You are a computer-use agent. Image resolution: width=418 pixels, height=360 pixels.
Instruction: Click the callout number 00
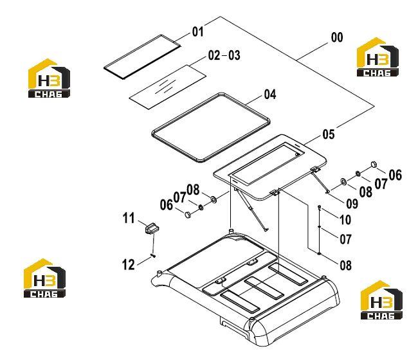[x=337, y=37]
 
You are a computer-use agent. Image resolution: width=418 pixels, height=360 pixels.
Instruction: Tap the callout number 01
[x=197, y=32]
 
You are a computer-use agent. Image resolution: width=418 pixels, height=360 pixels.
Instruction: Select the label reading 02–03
[x=224, y=55]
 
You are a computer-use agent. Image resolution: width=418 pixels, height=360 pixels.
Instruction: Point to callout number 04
[x=270, y=94]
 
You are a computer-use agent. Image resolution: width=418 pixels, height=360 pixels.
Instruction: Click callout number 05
[x=329, y=134]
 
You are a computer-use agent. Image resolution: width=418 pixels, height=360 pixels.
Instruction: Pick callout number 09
[x=352, y=204]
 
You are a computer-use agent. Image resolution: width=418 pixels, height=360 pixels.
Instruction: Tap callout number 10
[x=345, y=220]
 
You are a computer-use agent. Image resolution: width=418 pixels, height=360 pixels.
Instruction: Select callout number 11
[x=129, y=218]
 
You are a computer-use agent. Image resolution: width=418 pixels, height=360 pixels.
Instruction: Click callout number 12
[x=128, y=265]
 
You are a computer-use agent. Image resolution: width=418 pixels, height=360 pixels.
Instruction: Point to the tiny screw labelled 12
[x=153, y=256]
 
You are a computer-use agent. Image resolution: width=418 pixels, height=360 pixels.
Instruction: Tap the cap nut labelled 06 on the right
[x=374, y=164]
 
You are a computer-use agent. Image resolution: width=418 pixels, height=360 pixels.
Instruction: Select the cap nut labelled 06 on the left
[x=188, y=215]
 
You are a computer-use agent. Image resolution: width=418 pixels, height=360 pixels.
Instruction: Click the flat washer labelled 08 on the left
[x=214, y=199]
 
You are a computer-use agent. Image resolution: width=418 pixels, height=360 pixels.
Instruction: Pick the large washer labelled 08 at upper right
[x=343, y=182]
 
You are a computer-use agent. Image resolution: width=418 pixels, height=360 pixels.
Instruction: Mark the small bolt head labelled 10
[x=320, y=207]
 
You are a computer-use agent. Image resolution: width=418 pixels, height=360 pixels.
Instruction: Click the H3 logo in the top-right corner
[x=377, y=57]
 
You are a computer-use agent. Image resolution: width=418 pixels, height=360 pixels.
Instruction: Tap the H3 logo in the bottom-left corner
[x=44, y=278]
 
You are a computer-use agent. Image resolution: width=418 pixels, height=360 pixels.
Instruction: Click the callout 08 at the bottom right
[x=346, y=265]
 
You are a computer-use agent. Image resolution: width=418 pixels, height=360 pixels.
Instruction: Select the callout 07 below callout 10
[x=346, y=239]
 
